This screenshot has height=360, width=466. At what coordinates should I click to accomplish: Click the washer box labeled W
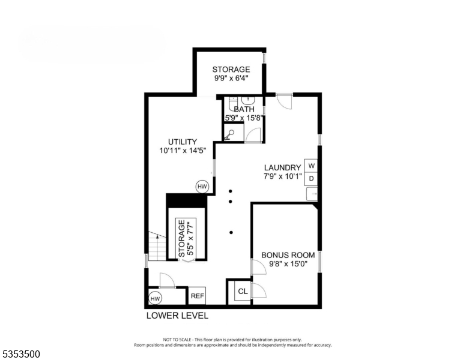coord(311,165)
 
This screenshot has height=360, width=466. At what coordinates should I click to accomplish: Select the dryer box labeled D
coord(311,178)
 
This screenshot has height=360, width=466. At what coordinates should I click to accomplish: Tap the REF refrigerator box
coord(198,296)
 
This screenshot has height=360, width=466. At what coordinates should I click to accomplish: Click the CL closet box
coord(242,292)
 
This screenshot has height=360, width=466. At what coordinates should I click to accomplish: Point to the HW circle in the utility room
coord(202,187)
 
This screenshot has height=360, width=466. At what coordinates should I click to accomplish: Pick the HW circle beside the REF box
coord(155,298)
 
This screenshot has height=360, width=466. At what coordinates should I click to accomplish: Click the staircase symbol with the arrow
coord(156,247)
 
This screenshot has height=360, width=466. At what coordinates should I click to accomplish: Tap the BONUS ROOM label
coord(288,255)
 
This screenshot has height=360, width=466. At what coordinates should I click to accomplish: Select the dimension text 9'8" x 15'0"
coord(288,264)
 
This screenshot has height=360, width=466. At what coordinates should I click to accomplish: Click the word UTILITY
coord(182,142)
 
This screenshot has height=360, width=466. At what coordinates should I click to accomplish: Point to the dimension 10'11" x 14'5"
coord(182,151)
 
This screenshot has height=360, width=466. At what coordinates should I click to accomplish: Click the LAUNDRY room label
coord(282,167)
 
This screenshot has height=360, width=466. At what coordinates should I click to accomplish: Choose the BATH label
coord(244,109)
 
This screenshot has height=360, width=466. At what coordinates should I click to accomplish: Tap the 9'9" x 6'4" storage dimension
coord(231,78)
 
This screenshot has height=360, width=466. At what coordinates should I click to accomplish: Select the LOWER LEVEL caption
coord(177,316)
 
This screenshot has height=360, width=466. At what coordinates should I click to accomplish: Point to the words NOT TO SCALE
coord(170,340)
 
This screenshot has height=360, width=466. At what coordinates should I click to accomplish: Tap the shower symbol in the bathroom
coord(229,136)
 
